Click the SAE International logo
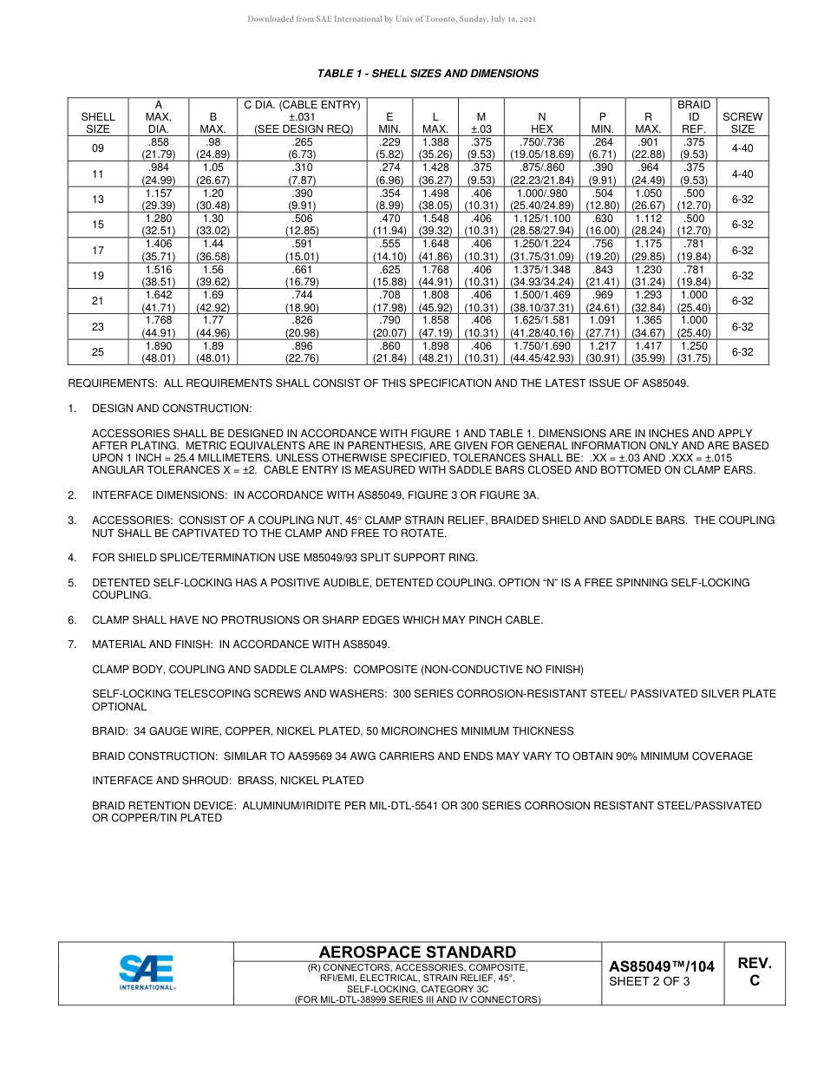147,972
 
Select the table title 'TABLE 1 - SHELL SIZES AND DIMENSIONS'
428,74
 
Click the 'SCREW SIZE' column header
742,122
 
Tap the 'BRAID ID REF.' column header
693,116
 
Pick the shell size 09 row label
98,148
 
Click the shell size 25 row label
98,352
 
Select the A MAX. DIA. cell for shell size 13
159,200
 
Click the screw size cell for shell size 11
742,173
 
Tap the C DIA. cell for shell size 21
302,301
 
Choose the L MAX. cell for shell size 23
435,327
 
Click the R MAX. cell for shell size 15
648,225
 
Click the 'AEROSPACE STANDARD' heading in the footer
417,952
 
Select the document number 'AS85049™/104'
661,966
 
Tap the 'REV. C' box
754,972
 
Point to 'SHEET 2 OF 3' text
650,982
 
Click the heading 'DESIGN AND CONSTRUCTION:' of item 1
172,408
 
